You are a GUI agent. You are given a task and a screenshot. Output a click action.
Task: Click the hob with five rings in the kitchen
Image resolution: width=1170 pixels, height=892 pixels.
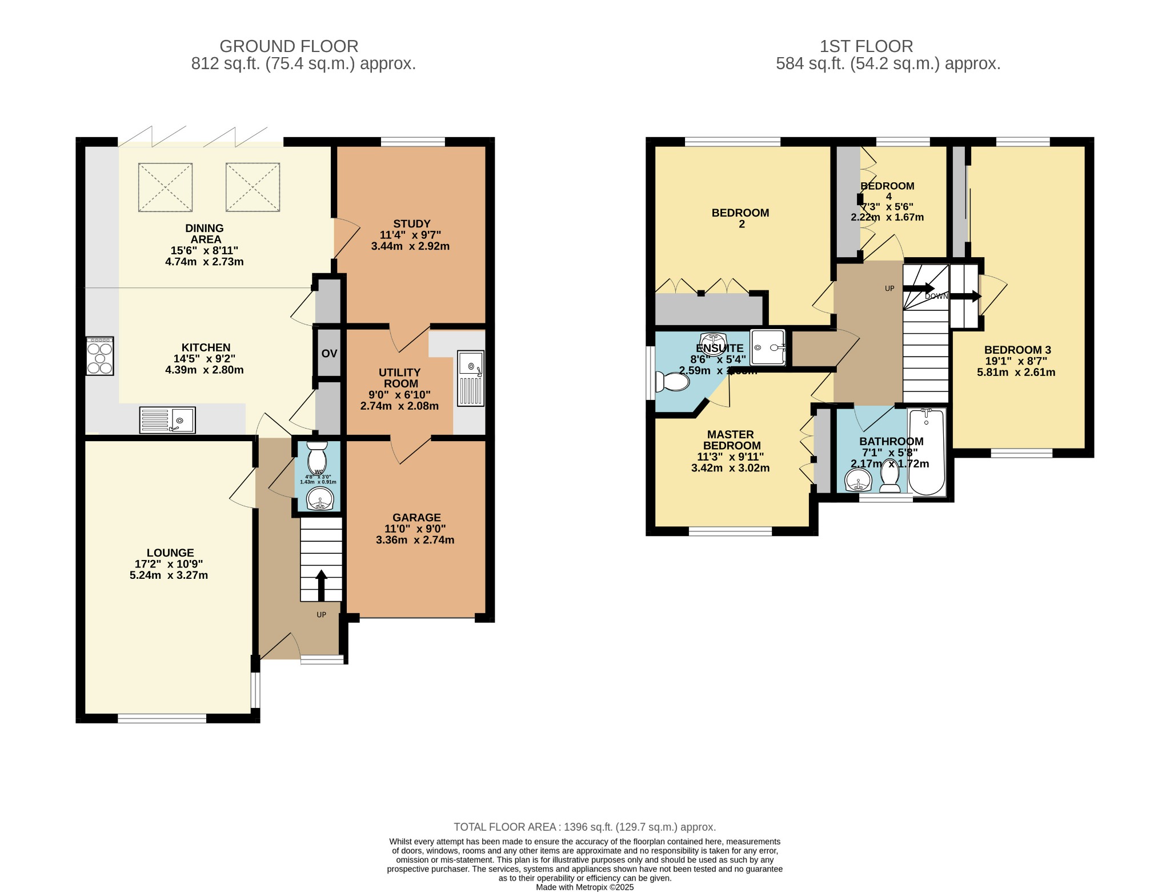coord(99,356)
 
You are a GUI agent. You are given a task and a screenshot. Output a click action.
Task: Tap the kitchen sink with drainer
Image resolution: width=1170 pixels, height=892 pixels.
coord(167,419)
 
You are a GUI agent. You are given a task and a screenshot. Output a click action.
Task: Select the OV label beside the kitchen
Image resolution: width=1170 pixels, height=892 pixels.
coord(329,354)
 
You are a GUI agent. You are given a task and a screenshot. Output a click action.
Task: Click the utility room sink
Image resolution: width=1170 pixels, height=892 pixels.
coord(470,378)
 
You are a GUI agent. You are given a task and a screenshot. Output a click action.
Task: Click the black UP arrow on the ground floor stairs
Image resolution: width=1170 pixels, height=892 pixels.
coord(321,585)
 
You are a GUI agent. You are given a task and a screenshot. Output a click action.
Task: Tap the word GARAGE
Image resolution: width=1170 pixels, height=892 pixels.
coord(416,517)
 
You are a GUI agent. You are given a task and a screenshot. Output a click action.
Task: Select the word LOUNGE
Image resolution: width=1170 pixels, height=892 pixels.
coord(170,553)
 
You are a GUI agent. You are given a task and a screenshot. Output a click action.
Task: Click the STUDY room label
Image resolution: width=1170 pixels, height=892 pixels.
coord(411,223)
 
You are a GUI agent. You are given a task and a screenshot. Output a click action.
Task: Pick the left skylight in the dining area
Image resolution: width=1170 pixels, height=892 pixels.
coord(165,187)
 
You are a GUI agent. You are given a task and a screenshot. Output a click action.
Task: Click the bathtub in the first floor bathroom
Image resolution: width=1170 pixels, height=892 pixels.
coord(926,451)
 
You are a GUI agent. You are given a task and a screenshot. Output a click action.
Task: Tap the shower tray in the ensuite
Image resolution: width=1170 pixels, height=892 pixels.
coord(767,347)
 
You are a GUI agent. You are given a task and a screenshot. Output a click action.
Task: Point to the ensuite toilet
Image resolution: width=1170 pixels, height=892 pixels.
coord(672,382)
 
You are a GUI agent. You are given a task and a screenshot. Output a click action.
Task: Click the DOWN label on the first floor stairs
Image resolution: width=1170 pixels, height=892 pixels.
coord(936,296)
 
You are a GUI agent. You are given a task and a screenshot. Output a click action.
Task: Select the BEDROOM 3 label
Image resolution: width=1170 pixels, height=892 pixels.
coord(1017,350)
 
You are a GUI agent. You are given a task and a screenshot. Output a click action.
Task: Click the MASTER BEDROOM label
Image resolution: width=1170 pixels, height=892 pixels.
coord(731,440)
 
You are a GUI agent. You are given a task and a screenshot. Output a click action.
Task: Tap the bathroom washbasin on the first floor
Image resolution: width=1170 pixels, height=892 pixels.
coord(858,480)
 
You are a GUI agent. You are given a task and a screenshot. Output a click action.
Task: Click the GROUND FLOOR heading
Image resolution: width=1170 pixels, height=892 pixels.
coord(289,46)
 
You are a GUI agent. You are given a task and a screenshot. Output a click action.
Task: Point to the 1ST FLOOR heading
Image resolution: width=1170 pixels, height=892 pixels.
coord(866,46)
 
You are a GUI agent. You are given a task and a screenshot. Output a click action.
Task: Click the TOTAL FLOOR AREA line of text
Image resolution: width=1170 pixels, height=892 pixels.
coord(584,827)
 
